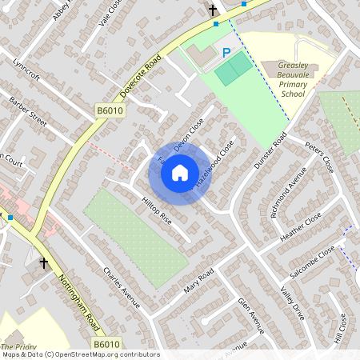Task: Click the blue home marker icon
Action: click(180, 172)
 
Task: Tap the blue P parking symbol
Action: click(226, 53)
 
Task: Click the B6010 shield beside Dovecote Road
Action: click(111, 110)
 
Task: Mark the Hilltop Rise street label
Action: click(156, 209)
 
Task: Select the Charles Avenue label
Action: click(122, 287)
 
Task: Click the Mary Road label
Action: click(198, 280)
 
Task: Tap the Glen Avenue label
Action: click(250, 313)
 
